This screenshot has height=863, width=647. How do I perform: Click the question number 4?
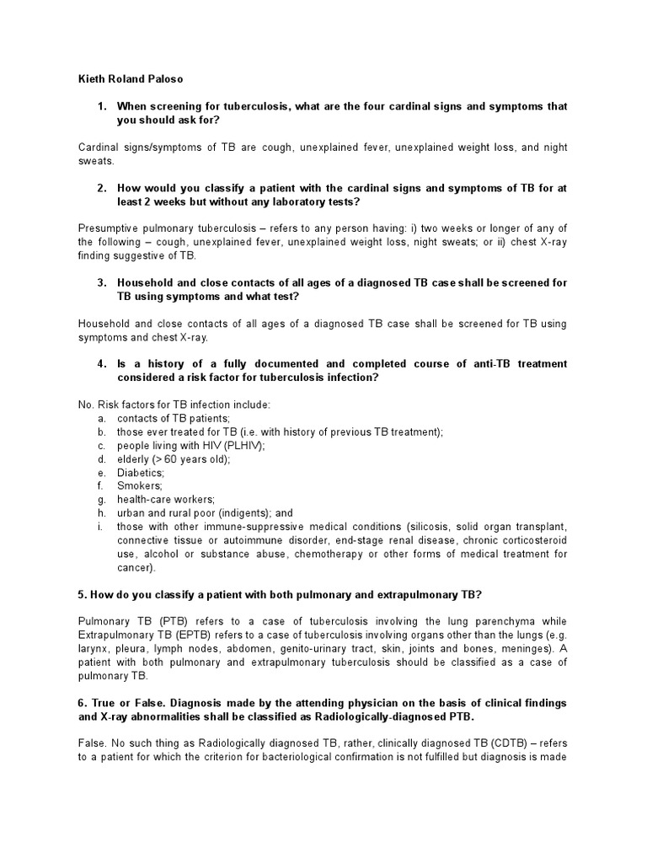click(x=101, y=364)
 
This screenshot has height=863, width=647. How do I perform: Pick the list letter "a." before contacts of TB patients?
click(x=101, y=418)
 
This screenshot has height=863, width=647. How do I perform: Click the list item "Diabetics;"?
click(x=141, y=473)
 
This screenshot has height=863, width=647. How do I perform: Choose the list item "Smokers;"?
click(x=140, y=486)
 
